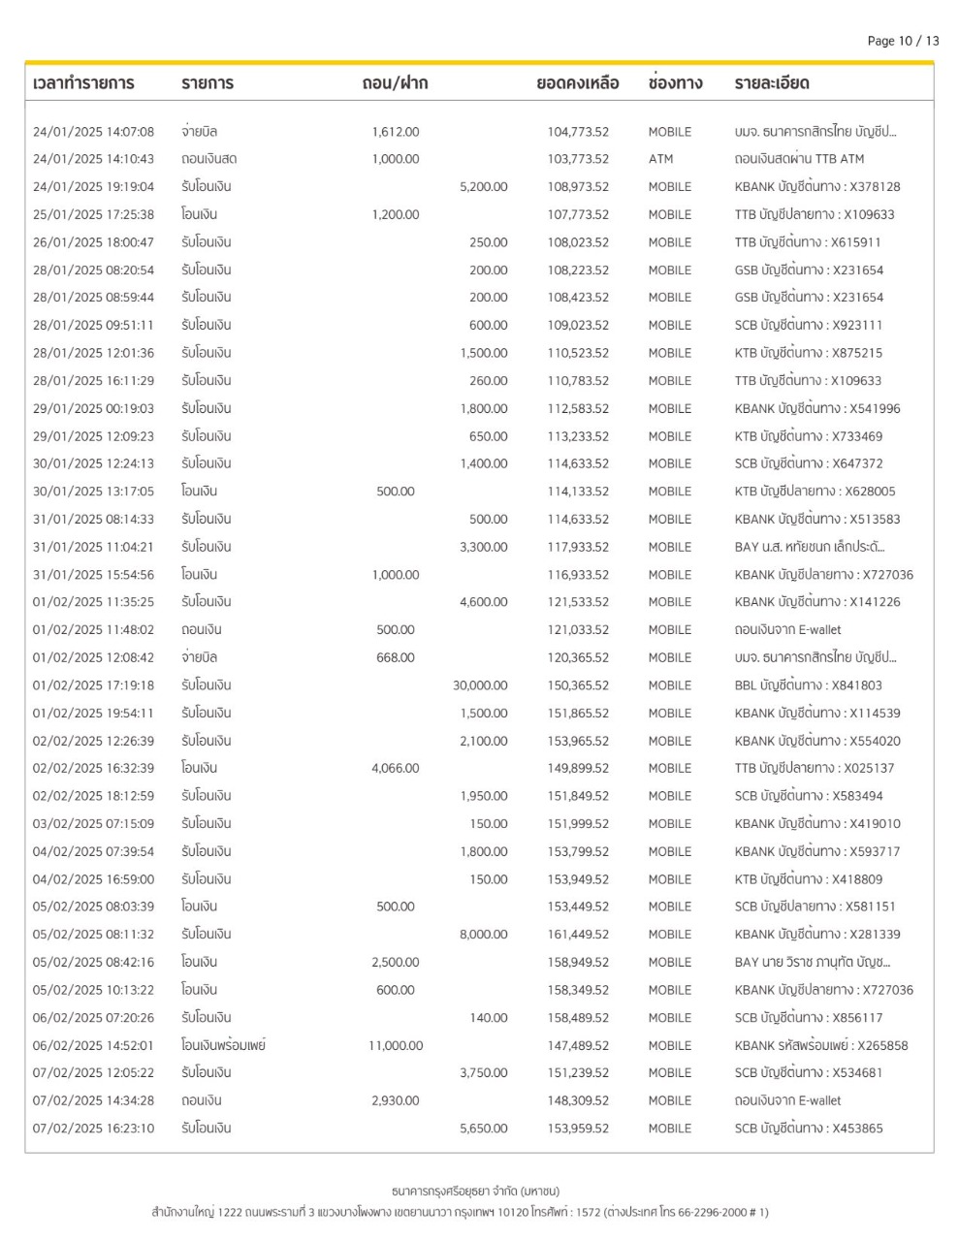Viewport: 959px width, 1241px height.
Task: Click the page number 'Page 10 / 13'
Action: click(903, 41)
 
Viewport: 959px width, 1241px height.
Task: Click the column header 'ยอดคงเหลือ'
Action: click(577, 83)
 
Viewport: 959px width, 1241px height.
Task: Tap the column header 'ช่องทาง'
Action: click(675, 83)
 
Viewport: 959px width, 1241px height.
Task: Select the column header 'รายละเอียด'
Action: click(772, 83)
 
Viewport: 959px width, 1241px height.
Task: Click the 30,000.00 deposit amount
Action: click(480, 685)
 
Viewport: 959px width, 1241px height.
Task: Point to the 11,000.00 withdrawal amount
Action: click(396, 1045)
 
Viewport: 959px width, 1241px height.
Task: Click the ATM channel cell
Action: click(660, 159)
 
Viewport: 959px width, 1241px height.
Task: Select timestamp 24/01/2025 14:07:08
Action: click(93, 132)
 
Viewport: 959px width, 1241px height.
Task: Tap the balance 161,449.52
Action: click(578, 935)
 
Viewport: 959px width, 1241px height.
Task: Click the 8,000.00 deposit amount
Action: click(483, 935)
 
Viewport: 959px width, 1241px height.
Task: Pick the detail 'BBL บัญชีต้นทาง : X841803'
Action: click(808, 685)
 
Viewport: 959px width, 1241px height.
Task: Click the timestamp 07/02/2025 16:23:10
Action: click(93, 1129)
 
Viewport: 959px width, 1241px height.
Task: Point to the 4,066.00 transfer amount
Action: click(396, 769)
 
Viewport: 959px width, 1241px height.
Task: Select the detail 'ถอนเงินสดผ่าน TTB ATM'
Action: click(799, 159)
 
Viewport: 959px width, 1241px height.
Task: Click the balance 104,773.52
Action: click(578, 132)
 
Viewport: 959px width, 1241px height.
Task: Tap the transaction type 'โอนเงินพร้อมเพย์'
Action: click(223, 1045)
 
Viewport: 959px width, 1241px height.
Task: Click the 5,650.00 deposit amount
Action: click(483, 1129)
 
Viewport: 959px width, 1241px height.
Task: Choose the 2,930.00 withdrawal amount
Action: click(396, 1100)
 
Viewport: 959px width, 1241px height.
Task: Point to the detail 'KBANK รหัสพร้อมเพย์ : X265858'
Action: click(821, 1045)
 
